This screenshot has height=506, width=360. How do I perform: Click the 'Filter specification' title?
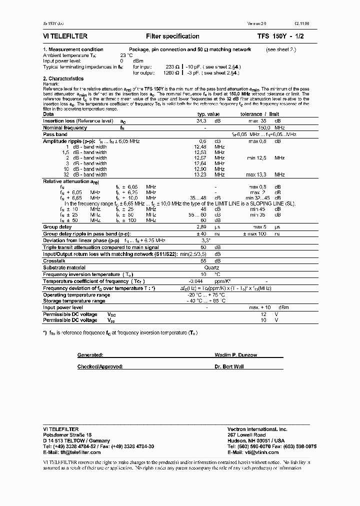(x=172, y=36)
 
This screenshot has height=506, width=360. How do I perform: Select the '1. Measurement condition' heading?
(x=73, y=49)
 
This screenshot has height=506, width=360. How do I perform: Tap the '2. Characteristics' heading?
(x=63, y=78)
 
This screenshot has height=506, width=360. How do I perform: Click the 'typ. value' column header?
(x=207, y=114)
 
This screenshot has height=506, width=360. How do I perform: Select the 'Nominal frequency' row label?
(x=64, y=128)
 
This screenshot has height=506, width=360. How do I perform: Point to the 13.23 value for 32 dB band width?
(x=200, y=175)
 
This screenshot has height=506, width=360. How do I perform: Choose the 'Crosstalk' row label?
(x=53, y=261)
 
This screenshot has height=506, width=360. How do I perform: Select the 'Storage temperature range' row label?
(x=73, y=301)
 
